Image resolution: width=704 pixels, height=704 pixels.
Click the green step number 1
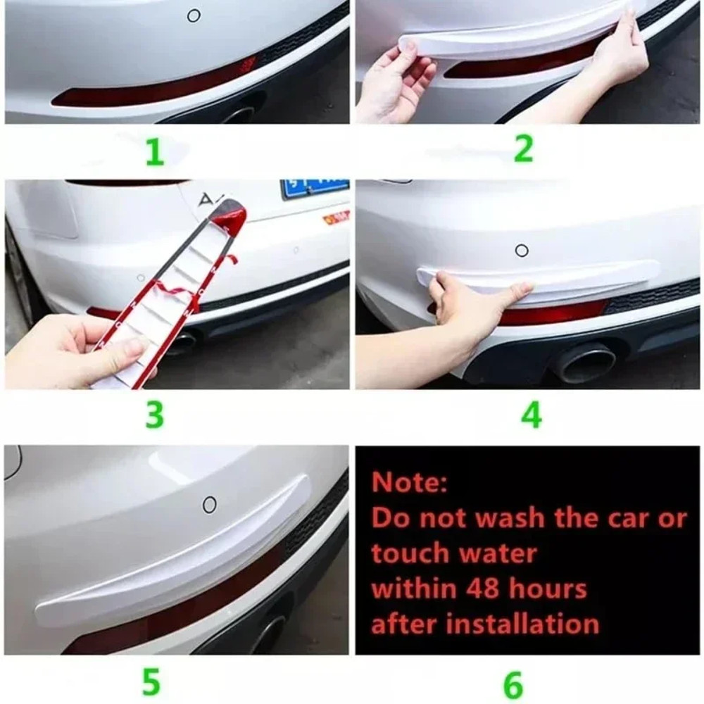pyautogui.click(x=154, y=152)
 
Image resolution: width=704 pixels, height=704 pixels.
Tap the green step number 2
pyautogui.click(x=523, y=149)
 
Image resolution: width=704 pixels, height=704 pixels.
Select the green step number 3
pyautogui.click(x=154, y=416)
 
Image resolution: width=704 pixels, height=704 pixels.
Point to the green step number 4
pyautogui.click(x=531, y=415)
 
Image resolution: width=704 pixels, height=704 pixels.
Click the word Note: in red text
pyautogui.click(x=409, y=482)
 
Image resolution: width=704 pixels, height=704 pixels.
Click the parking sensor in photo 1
pyautogui.click(x=194, y=15)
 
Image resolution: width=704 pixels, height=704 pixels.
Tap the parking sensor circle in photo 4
pyautogui.click(x=522, y=250)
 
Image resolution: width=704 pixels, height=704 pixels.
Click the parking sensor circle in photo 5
pyautogui.click(x=209, y=504)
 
